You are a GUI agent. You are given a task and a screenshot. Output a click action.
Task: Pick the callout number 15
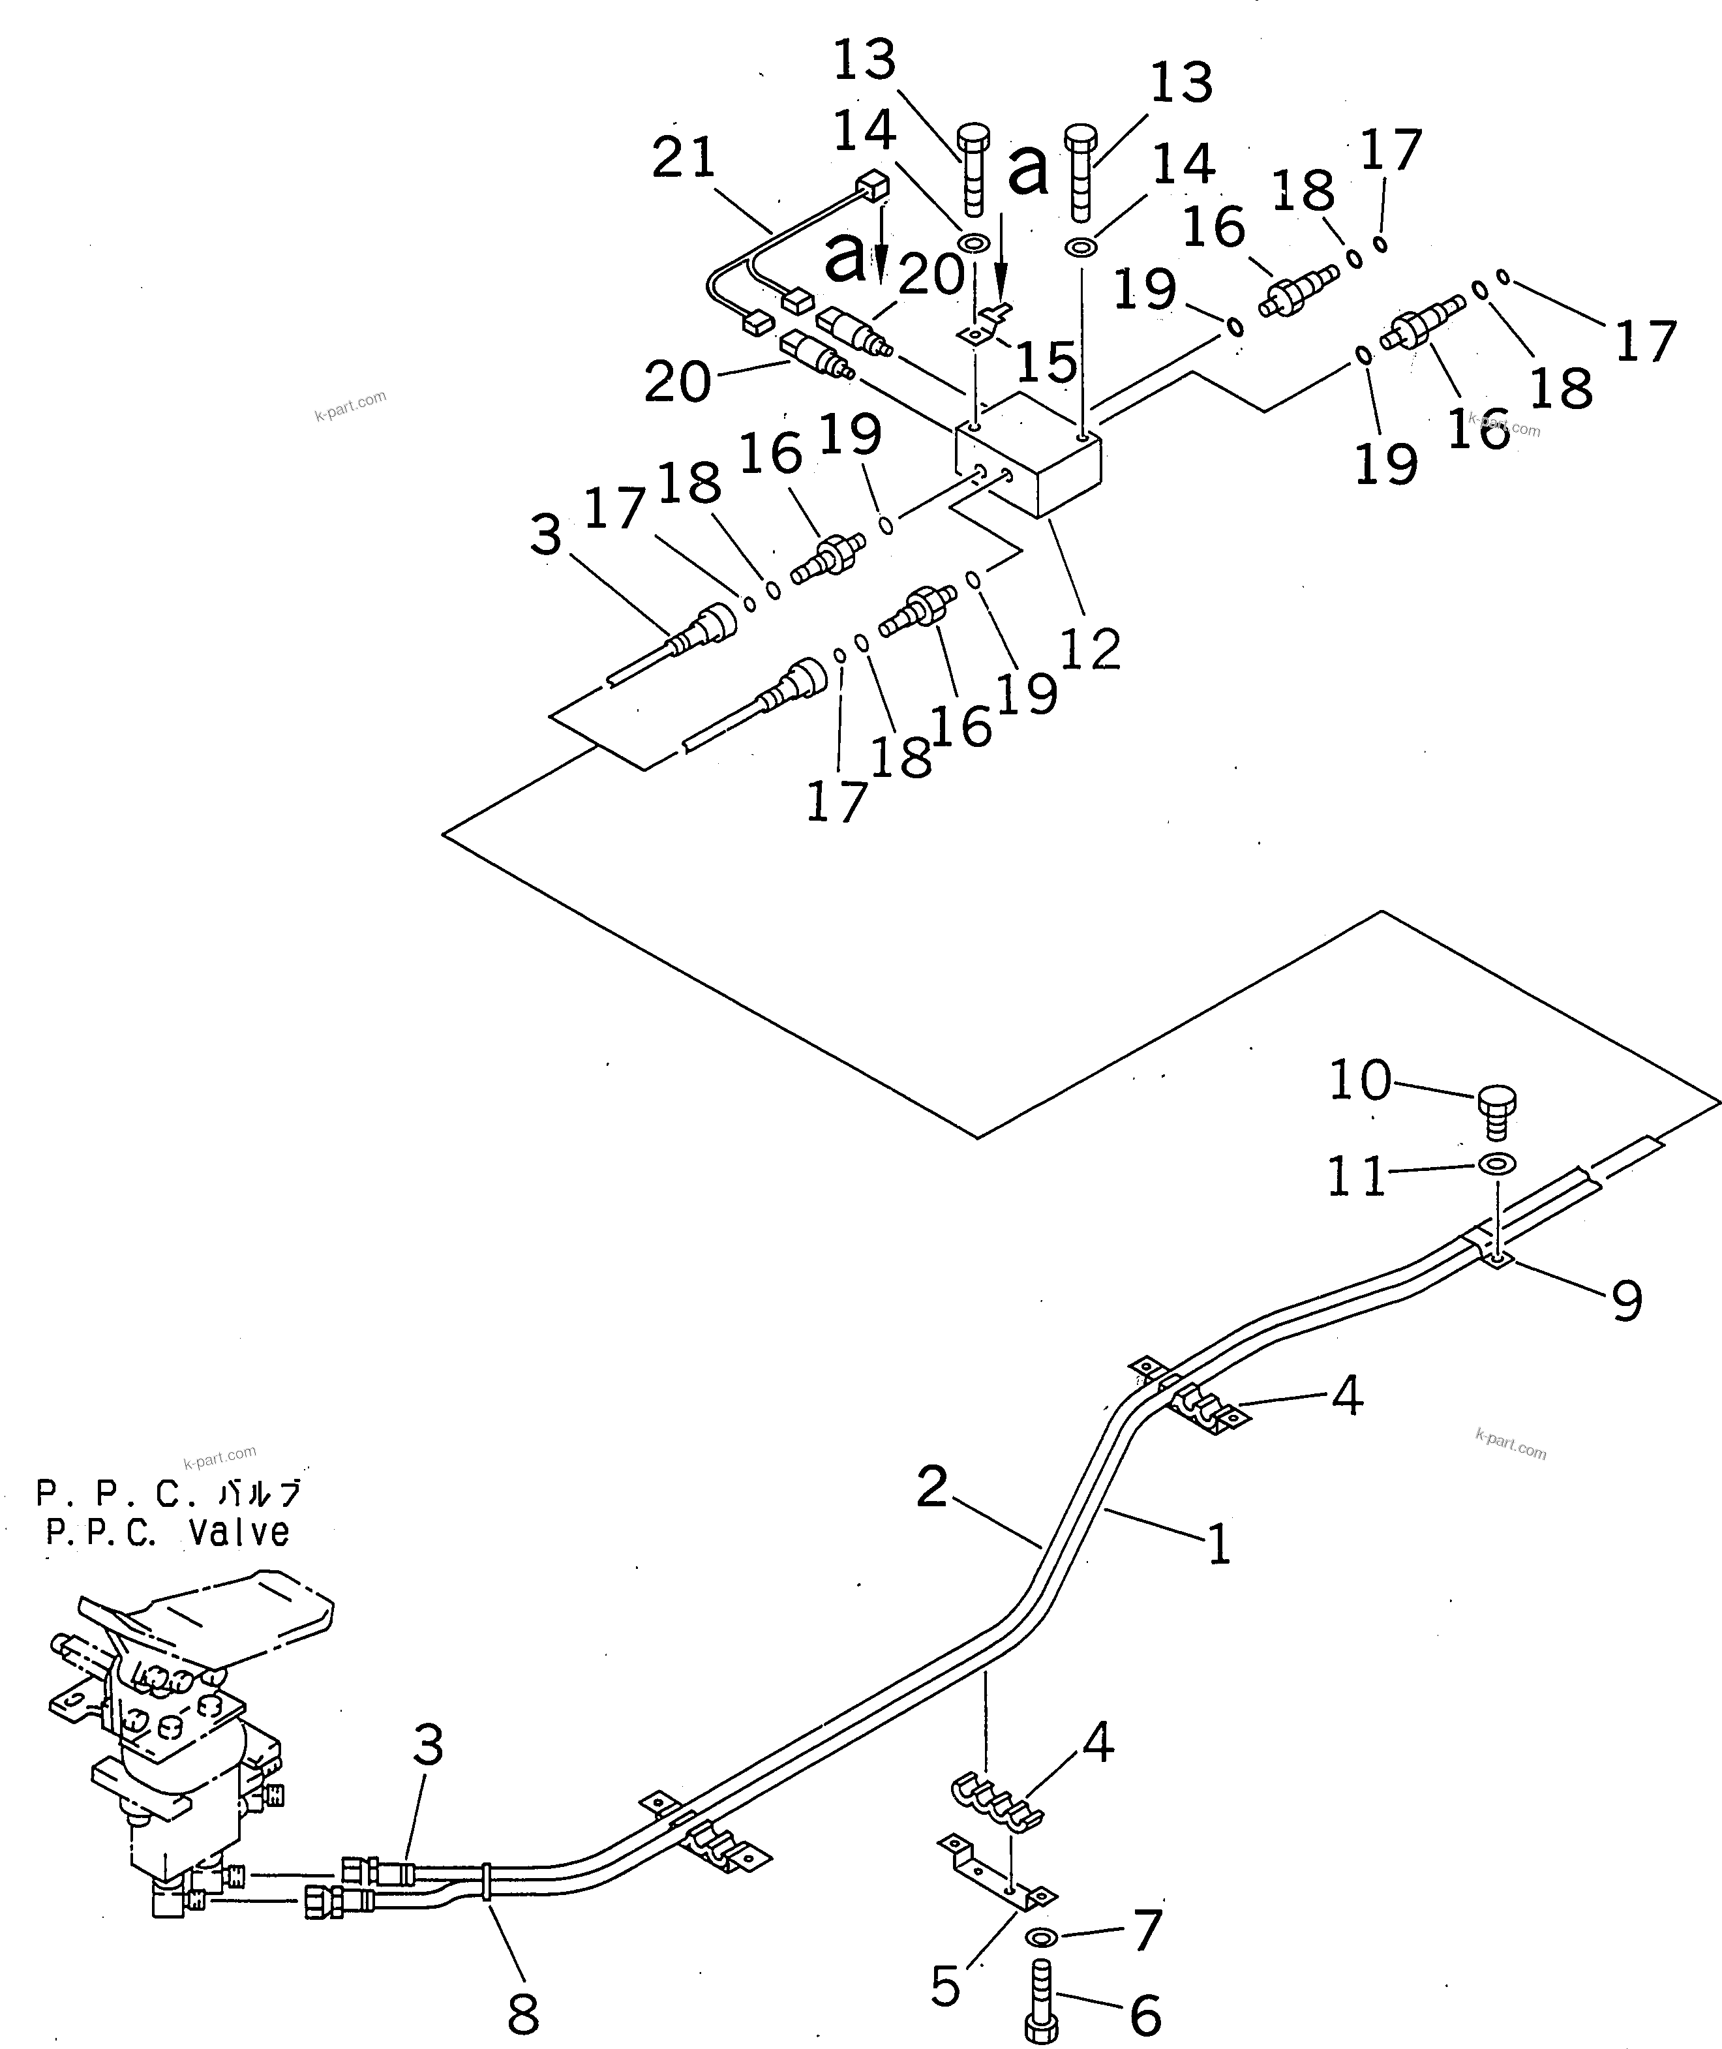[1046, 362]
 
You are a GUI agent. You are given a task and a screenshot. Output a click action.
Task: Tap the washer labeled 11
[1496, 1164]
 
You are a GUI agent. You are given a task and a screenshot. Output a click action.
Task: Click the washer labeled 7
[1042, 1937]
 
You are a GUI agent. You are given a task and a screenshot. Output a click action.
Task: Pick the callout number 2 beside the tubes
[932, 1488]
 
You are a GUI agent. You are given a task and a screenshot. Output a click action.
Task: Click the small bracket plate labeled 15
[984, 329]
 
